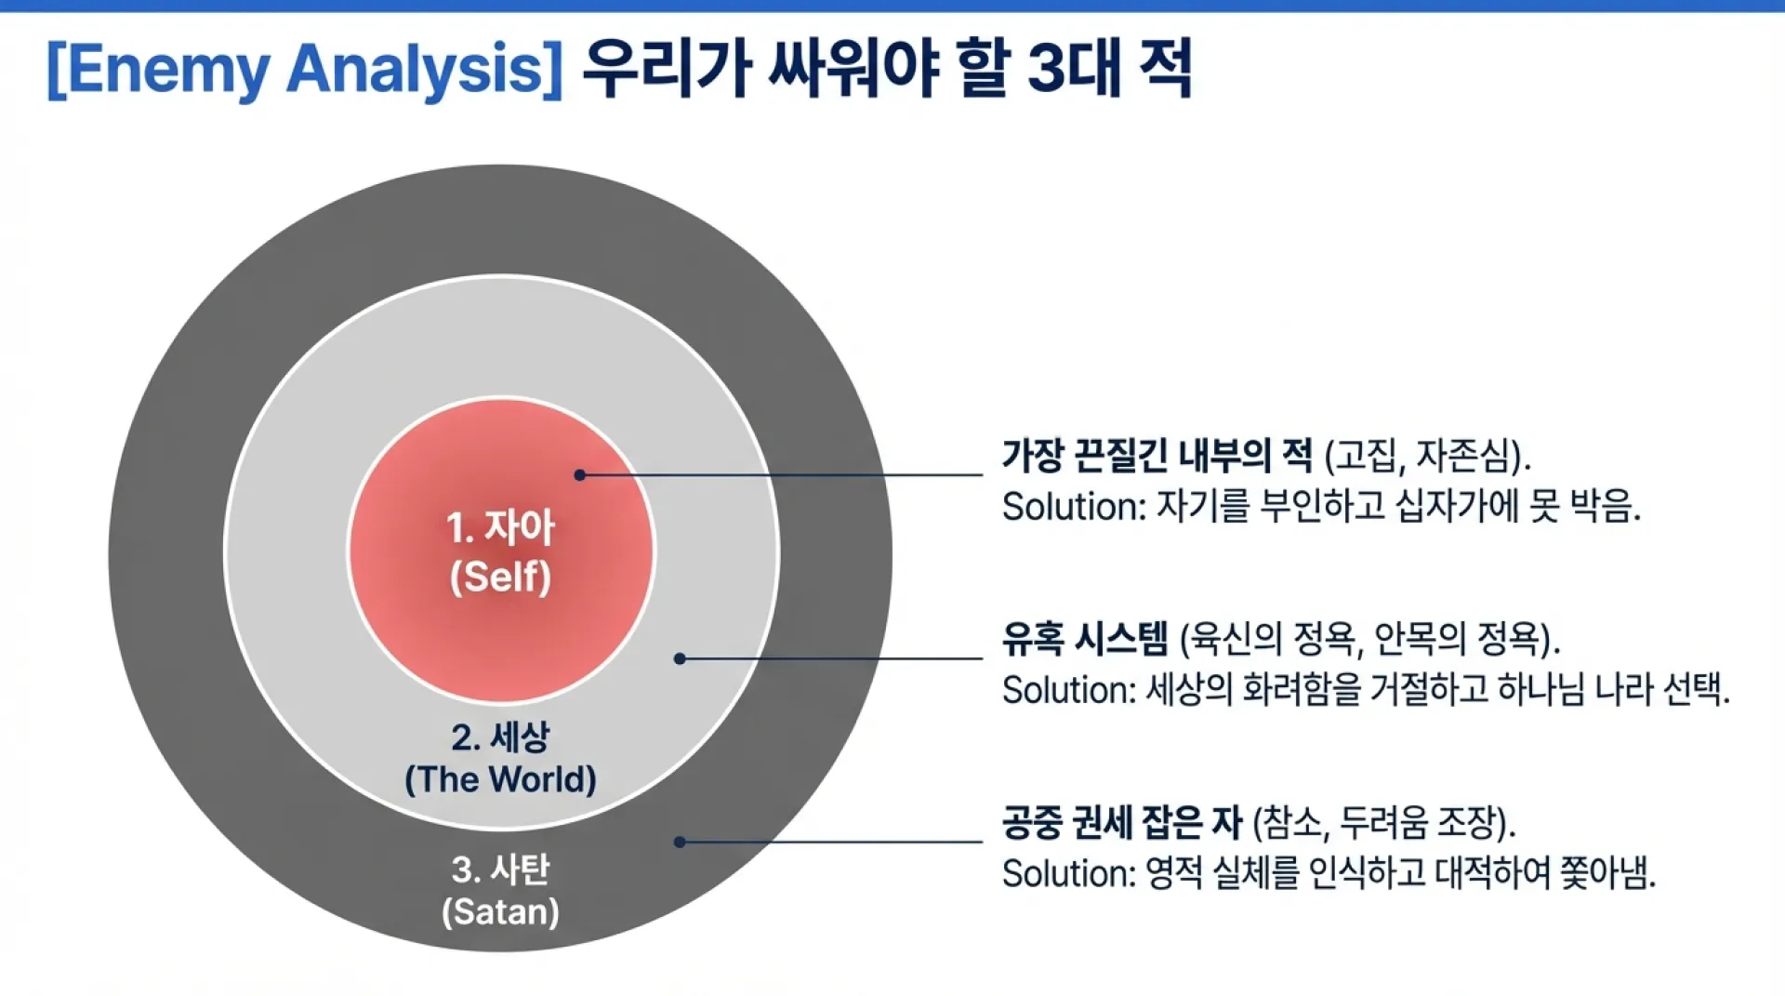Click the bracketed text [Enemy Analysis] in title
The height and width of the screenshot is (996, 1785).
tap(304, 70)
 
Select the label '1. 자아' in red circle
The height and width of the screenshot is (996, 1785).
tap(500, 527)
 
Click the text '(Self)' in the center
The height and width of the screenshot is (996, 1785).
tap(500, 577)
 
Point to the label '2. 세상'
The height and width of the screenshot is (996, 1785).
tap(500, 737)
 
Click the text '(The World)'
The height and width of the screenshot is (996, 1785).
tap(500, 779)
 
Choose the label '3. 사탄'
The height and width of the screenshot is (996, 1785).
tap(500, 870)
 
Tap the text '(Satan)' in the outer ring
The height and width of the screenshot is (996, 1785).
tap(500, 911)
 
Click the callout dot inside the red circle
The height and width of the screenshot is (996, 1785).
tap(579, 475)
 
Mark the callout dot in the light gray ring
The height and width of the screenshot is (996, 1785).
tap(680, 658)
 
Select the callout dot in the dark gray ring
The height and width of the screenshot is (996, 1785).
tap(680, 842)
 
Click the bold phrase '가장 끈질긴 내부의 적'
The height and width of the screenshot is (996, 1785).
tap(1157, 456)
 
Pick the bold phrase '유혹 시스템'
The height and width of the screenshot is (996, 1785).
tap(1084, 639)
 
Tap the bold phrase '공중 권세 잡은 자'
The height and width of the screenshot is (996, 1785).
tap(1121, 822)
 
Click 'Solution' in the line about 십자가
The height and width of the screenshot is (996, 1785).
tap(1069, 507)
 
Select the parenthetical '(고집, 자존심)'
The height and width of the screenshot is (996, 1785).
tap(1426, 456)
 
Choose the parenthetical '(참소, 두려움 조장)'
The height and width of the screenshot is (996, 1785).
tap(1383, 822)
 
